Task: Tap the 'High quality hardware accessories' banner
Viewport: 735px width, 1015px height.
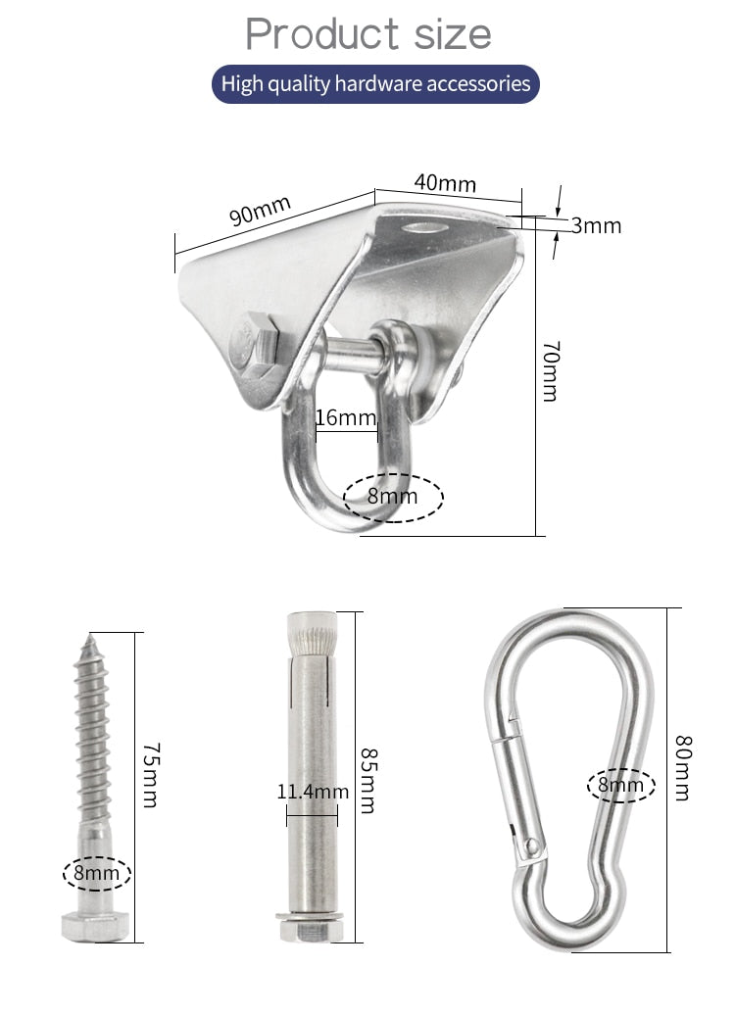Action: [375, 84]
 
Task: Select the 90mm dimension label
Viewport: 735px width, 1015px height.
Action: [261, 211]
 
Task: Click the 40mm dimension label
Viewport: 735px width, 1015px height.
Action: [445, 182]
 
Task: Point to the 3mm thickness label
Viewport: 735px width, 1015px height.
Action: [597, 226]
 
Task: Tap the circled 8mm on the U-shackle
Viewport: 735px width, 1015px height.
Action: [393, 497]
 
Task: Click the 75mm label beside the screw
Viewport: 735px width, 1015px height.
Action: [149, 774]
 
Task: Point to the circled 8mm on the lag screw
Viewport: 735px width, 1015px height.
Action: [97, 872]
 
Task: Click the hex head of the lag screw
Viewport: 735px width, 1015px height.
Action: [94, 925]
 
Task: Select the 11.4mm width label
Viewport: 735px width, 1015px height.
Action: [313, 792]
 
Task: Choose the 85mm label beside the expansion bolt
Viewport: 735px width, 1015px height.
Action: [367, 781]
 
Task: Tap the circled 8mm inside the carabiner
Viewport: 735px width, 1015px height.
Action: [621, 785]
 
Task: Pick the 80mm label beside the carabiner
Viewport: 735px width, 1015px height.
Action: [682, 769]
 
